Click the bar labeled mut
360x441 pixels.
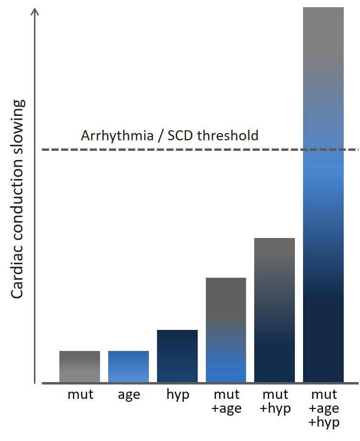(79, 366)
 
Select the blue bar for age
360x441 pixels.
(128, 366)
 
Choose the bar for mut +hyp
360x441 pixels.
(274, 310)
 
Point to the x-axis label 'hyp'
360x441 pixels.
(178, 395)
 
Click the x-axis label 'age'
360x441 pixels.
(129, 395)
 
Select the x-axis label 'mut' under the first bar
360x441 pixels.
(80, 395)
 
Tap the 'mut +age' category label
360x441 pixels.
(226, 402)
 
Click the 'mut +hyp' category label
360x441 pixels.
(275, 402)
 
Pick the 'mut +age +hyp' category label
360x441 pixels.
(325, 408)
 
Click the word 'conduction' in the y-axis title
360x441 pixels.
(17, 202)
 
